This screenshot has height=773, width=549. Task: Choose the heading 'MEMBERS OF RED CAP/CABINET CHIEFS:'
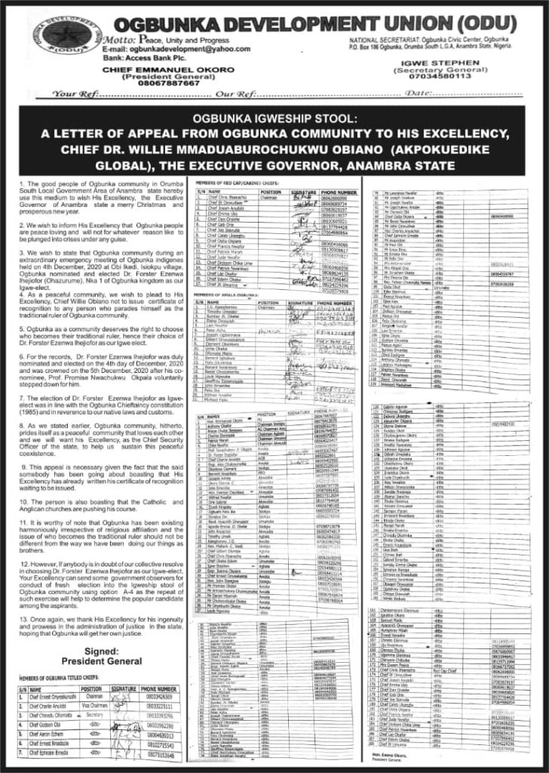(x=235, y=183)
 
